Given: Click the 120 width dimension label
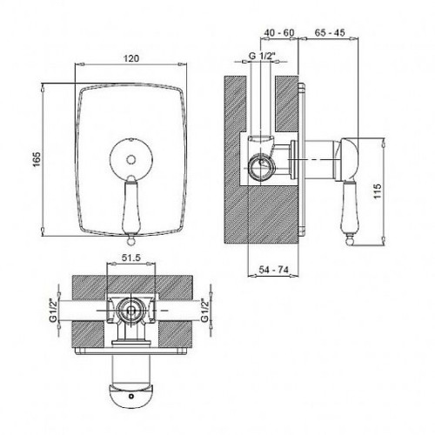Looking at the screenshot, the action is tap(131, 58).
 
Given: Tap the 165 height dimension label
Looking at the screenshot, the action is tap(37, 159).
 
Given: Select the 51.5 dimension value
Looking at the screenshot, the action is tap(130, 258).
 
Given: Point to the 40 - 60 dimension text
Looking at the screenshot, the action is tap(278, 32).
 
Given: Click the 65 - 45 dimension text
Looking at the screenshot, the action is tap(330, 32).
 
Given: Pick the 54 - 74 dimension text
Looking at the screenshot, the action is tap(273, 270).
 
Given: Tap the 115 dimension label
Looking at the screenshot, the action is tap(378, 191).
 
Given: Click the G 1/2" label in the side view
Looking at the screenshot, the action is tap(262, 56).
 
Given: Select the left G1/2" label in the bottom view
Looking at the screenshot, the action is tap(53, 310).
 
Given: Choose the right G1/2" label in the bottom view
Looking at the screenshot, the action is tap(205, 310).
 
